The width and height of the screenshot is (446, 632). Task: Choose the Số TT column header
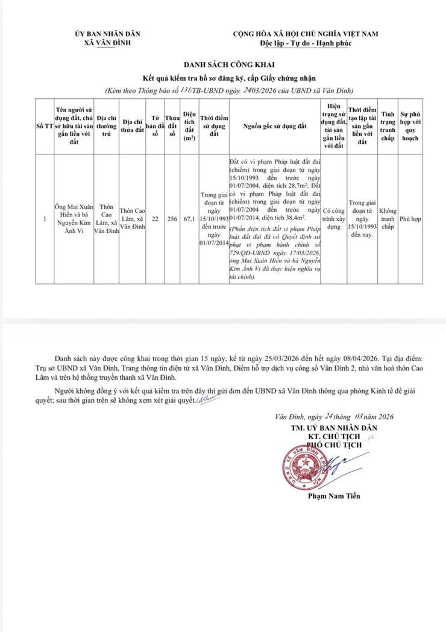click(45, 125)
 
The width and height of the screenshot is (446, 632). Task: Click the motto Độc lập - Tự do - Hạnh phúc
click(306, 43)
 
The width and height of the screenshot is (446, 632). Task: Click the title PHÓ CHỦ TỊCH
click(334, 444)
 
